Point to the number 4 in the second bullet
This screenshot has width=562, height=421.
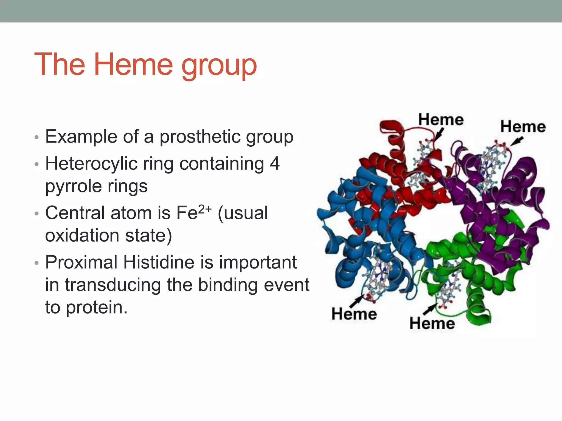274,164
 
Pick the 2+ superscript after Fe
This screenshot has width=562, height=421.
205,209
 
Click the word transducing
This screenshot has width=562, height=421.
113,285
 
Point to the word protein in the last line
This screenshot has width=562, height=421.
96,307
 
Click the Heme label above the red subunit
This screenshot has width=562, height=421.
441,120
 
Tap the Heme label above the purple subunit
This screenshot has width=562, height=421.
523,127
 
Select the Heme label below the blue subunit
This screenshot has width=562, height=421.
354,314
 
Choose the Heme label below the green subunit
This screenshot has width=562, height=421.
432,323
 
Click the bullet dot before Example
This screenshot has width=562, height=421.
37,137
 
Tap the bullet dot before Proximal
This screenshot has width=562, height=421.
37,263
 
